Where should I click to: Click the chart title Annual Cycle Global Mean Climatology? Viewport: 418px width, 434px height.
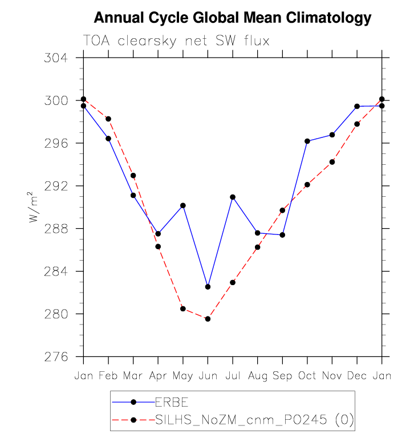pyautogui.click(x=232, y=18)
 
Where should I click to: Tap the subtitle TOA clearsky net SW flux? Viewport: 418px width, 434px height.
pyautogui.click(x=176, y=41)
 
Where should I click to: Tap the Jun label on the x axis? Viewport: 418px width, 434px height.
pyautogui.click(x=208, y=376)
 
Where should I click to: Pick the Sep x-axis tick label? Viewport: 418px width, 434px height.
pyautogui.click(x=282, y=376)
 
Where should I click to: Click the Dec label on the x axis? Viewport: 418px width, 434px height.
pyautogui.click(x=357, y=376)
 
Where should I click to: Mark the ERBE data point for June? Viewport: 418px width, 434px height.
pyautogui.click(x=208, y=287)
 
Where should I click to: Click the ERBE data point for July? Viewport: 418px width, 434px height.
pyautogui.click(x=233, y=197)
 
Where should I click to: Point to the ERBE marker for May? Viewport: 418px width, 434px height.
pyautogui.click(x=183, y=205)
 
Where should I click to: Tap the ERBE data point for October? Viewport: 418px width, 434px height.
pyautogui.click(x=307, y=141)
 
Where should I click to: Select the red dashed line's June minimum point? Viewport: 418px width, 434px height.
pyautogui.click(x=208, y=319)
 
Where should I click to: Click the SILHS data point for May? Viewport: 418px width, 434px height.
pyautogui.click(x=183, y=309)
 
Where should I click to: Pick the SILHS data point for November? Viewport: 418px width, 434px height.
pyautogui.click(x=332, y=162)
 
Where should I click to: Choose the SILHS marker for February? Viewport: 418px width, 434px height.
pyautogui.click(x=108, y=119)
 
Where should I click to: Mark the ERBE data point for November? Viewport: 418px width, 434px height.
pyautogui.click(x=332, y=135)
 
